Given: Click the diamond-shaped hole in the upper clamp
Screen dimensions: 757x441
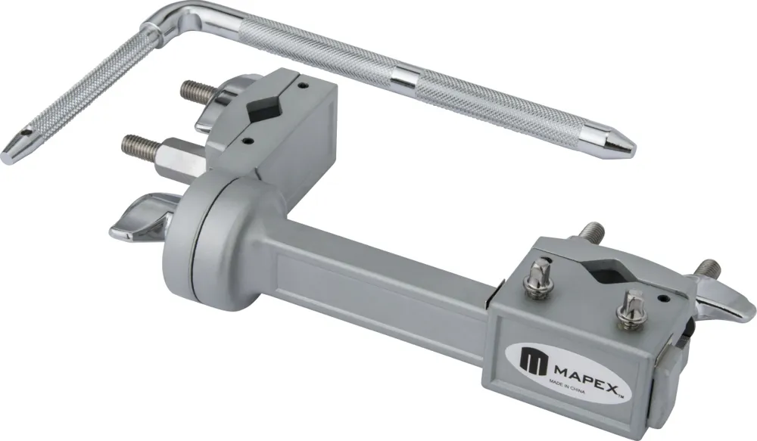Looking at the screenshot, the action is point(262,111).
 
